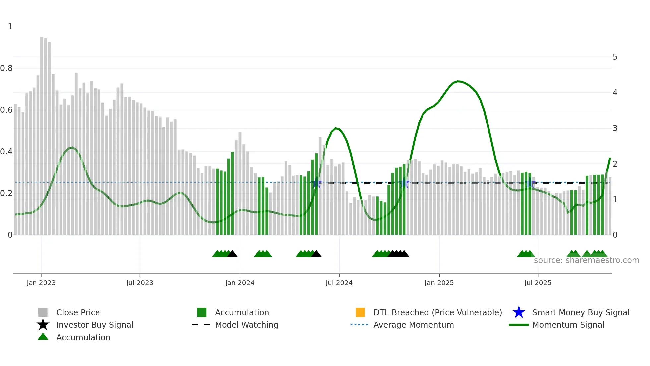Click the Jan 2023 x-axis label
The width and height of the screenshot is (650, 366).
coord(41,283)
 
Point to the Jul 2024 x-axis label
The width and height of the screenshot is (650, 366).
coord(339,283)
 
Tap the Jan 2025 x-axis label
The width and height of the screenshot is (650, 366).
coord(439,283)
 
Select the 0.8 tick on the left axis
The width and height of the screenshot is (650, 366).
coord(6,68)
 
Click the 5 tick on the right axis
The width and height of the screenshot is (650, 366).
coord(615,57)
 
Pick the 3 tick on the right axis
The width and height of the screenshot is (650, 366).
coord(615,128)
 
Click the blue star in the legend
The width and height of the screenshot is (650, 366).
coord(519,312)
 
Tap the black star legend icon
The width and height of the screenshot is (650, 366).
coord(43,325)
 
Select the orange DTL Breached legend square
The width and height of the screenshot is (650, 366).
coord(360,312)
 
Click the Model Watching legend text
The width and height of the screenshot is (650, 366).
coord(246,325)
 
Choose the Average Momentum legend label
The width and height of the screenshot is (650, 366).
coord(414,325)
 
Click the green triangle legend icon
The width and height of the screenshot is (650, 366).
coord(43,337)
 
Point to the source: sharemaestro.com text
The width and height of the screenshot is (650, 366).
coord(586,260)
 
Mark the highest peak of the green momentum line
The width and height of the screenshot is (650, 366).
coord(458,81)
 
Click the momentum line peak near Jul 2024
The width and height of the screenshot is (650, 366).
coord(336,128)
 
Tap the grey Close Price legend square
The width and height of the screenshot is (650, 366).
coord(43,312)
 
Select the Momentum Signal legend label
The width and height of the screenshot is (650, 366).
coord(568,325)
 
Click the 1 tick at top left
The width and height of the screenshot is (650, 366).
coord(10,27)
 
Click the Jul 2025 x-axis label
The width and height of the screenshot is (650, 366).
coord(538,283)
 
